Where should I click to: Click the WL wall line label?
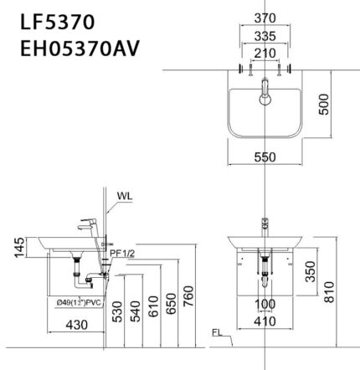pos(125,198)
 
